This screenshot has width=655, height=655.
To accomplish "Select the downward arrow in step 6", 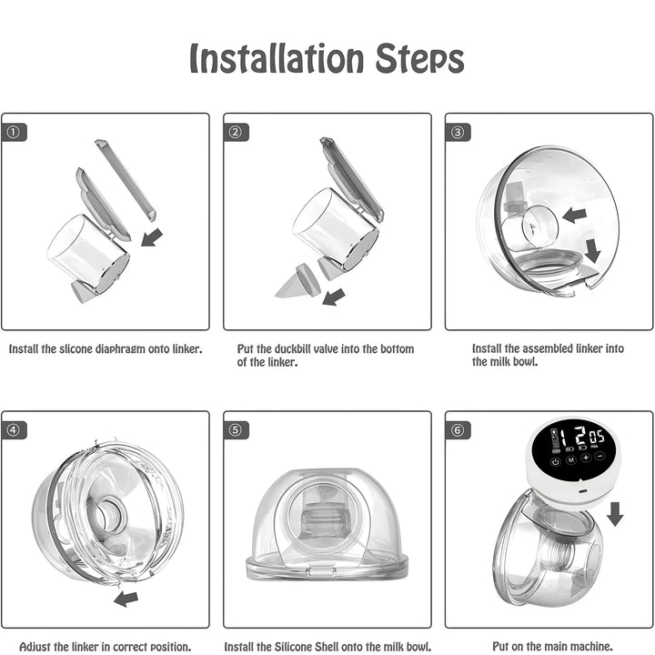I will (615, 513).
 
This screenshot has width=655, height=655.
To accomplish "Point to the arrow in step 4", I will (126, 599).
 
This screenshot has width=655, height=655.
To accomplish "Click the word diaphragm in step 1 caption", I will (128, 349).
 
